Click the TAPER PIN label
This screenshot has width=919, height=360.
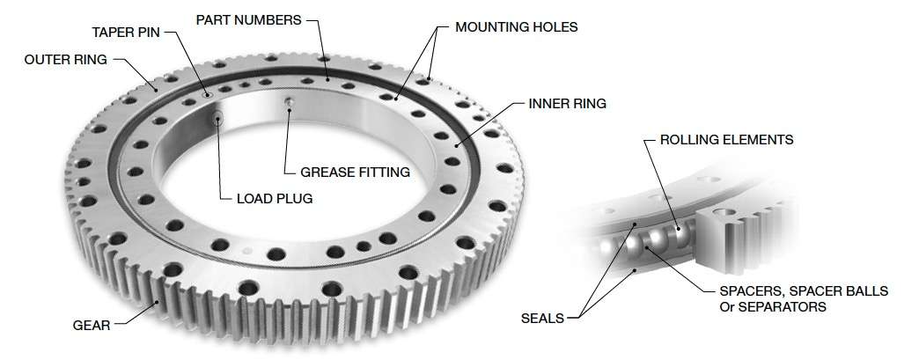(x=127, y=33)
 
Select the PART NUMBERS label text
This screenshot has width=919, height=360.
(x=249, y=18)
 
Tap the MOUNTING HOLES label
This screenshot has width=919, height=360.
(x=516, y=27)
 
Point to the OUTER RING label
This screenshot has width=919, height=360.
(x=65, y=60)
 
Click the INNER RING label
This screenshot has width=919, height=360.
(x=567, y=104)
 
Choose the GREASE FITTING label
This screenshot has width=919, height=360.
(x=356, y=172)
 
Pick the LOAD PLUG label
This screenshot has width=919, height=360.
(x=275, y=198)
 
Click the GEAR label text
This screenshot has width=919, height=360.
(x=92, y=326)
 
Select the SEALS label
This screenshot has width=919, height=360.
(x=542, y=318)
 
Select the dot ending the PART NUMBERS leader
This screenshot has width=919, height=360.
(x=328, y=79)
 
